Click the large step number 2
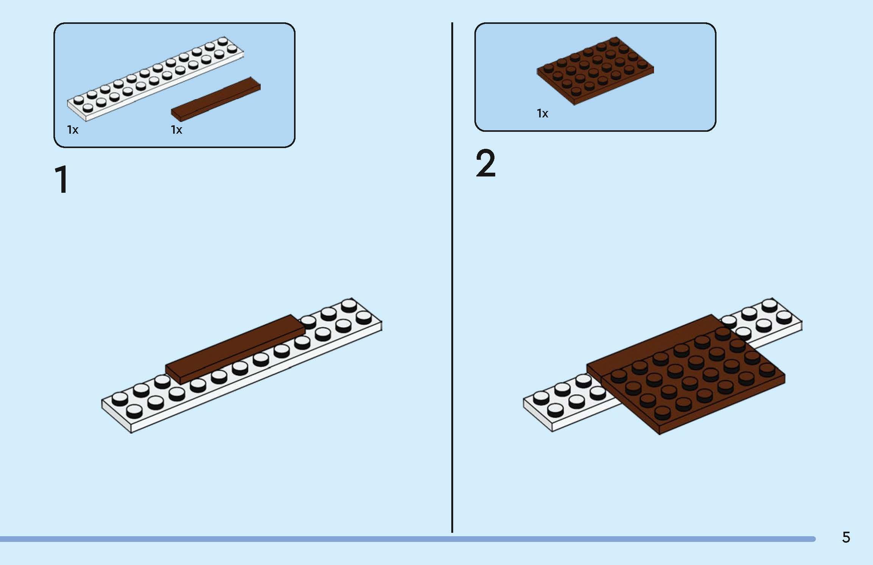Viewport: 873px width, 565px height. click(485, 163)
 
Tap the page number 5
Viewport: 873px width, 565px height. click(846, 537)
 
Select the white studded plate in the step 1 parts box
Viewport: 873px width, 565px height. click(155, 79)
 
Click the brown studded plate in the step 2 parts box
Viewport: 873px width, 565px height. click(595, 70)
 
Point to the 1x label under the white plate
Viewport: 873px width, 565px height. click(73, 130)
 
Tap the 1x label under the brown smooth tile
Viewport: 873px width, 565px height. click(177, 130)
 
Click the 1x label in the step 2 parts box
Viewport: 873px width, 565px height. click(543, 113)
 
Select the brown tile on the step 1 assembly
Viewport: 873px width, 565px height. click(235, 349)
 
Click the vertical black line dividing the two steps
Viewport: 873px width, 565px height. click(452, 277)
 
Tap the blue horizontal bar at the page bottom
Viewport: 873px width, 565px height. click(407, 539)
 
